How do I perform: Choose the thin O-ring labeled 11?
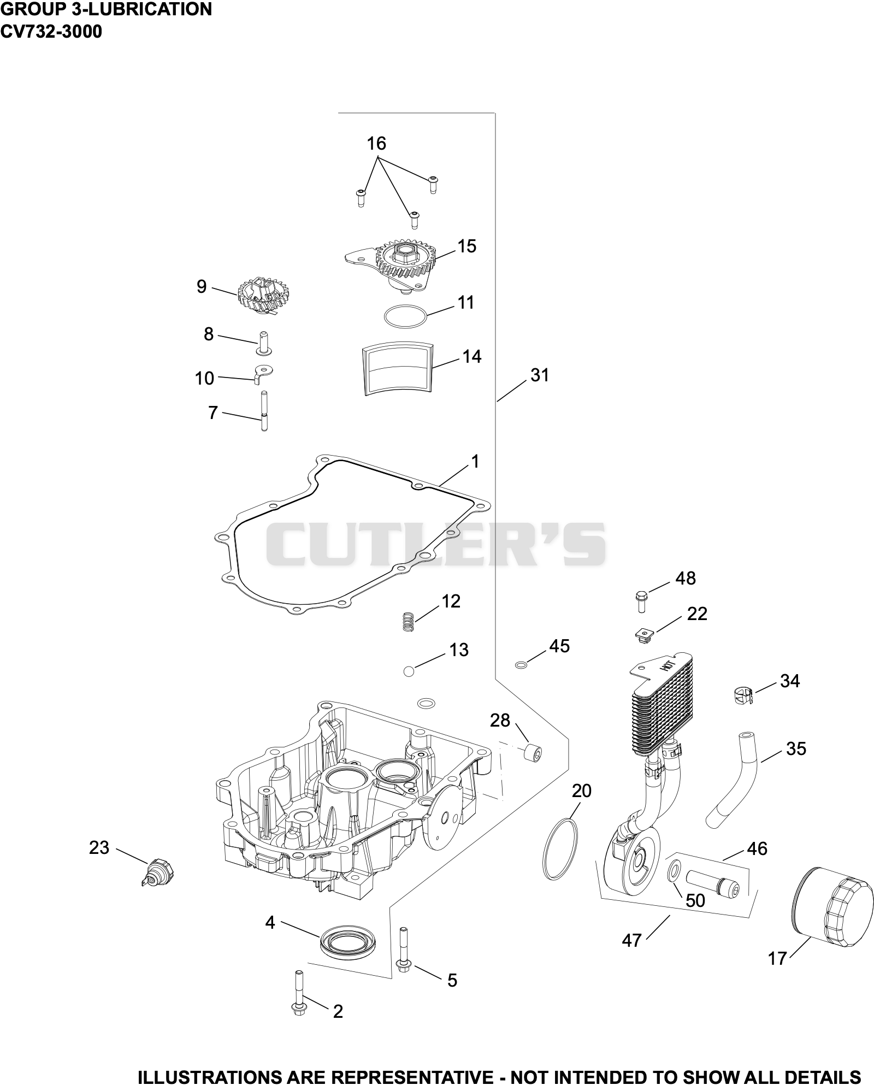405,317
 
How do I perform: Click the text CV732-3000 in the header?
51,32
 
